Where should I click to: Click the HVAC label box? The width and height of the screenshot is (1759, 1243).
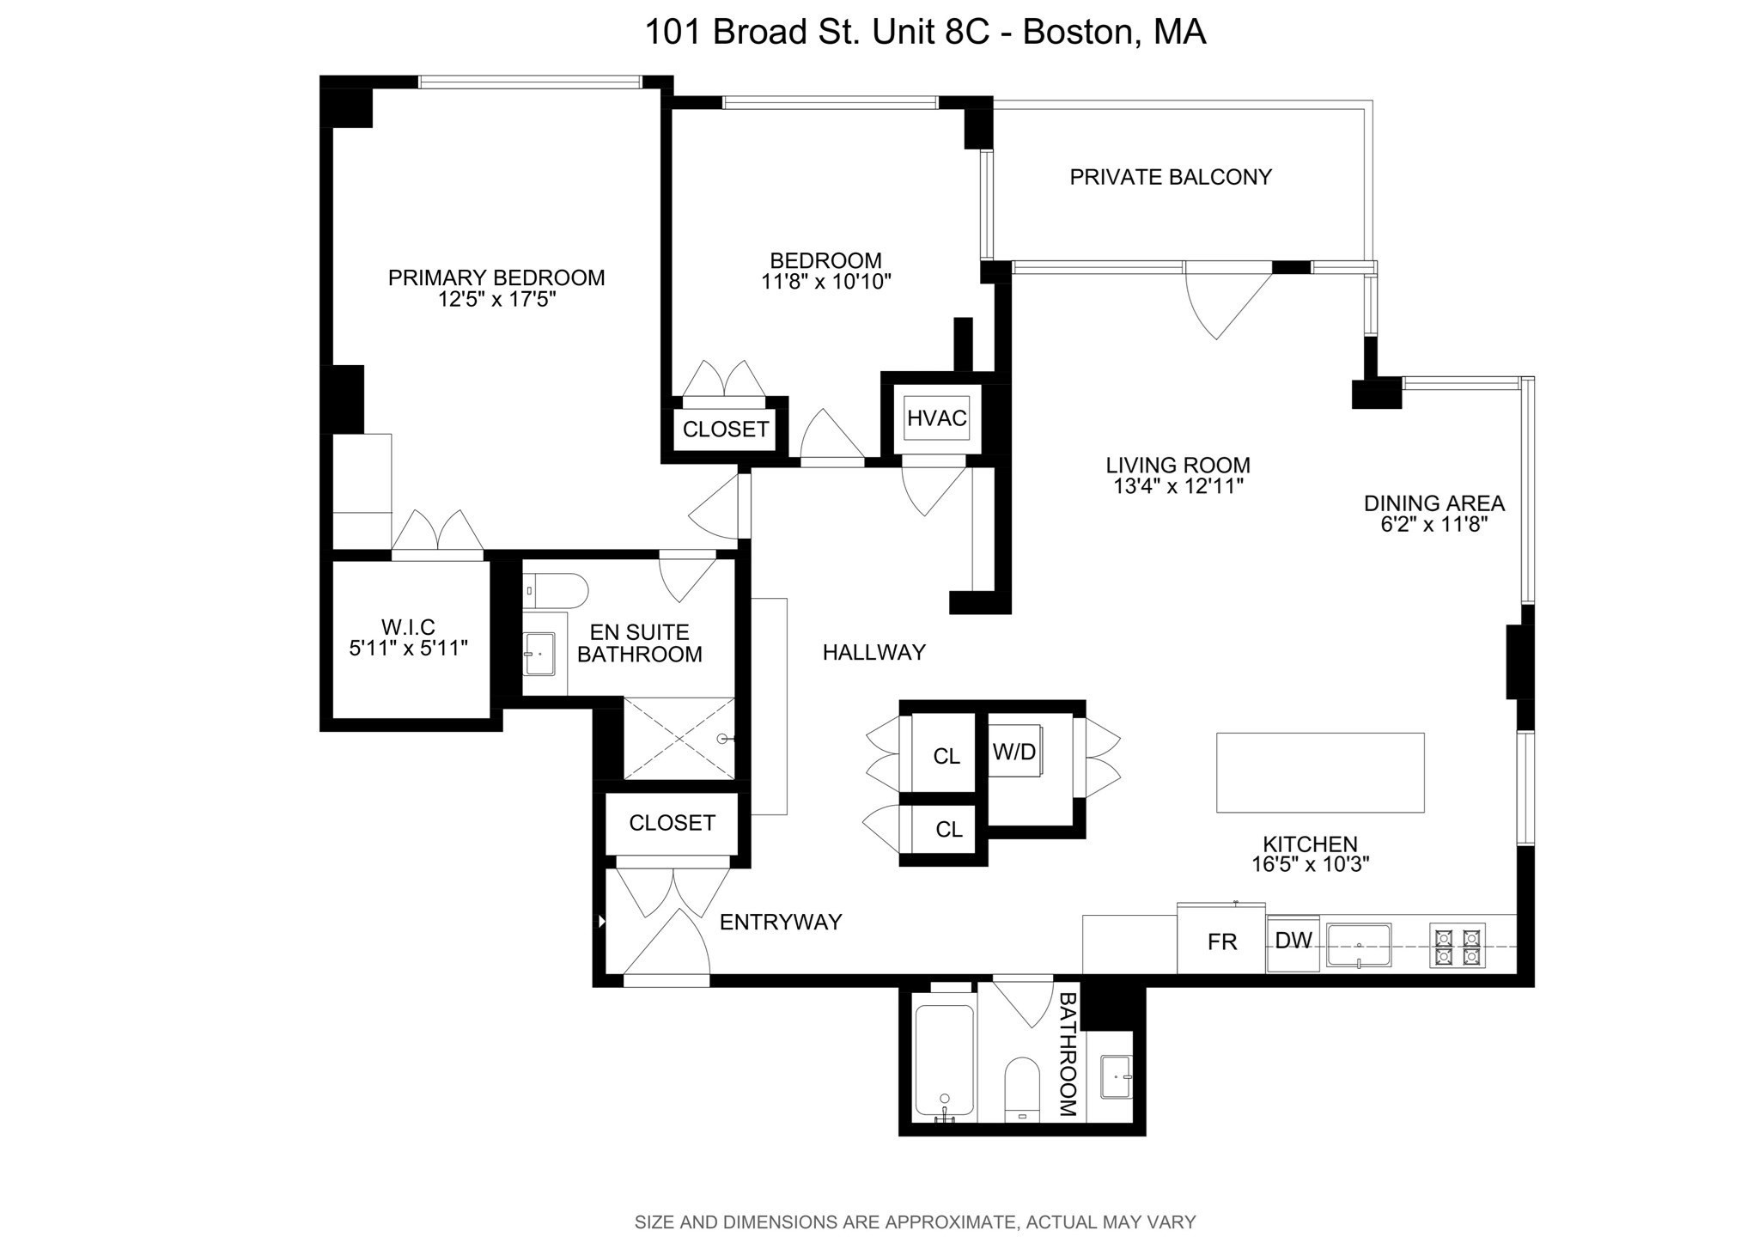[936, 418]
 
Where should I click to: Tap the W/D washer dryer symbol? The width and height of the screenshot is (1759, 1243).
[1014, 752]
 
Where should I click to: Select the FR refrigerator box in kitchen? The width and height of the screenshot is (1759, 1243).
[1221, 941]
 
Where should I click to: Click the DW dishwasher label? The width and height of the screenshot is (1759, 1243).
[1293, 941]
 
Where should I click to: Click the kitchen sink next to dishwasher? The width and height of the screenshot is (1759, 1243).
[1359, 946]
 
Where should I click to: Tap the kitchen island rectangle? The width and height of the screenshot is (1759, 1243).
[1320, 772]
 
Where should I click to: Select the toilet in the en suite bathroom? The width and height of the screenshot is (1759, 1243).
[556, 591]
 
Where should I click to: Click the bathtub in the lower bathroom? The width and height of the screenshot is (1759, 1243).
[944, 1063]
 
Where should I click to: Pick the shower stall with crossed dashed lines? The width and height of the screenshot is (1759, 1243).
[679, 739]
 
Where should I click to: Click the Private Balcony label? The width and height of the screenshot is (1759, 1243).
[1170, 177]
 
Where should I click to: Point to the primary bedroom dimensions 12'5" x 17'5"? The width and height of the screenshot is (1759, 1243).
[496, 300]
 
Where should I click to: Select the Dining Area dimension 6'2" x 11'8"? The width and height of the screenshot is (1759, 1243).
[1433, 525]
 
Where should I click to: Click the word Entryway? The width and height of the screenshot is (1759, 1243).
[780, 922]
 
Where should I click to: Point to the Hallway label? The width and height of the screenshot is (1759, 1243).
[873, 653]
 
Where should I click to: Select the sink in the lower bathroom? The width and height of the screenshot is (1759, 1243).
[1115, 1076]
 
